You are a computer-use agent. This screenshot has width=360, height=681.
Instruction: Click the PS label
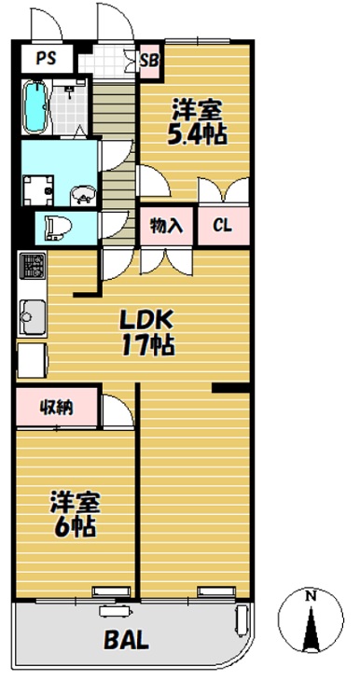(x=46, y=58)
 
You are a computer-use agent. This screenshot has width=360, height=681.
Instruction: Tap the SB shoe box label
(x=149, y=60)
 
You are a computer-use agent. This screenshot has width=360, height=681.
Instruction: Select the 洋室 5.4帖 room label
(x=198, y=121)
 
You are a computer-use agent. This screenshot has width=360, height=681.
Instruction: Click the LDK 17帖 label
(x=147, y=333)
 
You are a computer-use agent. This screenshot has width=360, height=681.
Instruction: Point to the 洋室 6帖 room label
(x=76, y=514)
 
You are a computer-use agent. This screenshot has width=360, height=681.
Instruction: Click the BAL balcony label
(x=127, y=639)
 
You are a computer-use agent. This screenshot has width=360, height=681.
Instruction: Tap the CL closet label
(x=222, y=226)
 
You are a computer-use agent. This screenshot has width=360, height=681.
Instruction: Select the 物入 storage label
(x=166, y=226)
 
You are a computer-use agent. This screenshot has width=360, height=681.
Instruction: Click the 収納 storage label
(x=57, y=408)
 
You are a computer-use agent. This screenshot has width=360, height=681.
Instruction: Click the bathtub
(x=35, y=107)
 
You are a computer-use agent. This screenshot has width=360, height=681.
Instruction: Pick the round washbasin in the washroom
(x=82, y=195)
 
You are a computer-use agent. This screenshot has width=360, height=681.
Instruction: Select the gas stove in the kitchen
(x=33, y=267)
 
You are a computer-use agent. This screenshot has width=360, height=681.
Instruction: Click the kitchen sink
(x=33, y=317)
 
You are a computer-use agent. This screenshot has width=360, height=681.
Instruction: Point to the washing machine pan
(x=38, y=189)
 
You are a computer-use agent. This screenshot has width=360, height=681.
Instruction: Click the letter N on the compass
(x=310, y=596)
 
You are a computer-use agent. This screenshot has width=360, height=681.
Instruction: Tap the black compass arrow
(x=311, y=628)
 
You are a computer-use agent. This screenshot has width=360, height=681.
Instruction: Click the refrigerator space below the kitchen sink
(x=33, y=360)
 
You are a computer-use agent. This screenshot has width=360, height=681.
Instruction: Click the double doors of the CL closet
(x=224, y=189)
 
